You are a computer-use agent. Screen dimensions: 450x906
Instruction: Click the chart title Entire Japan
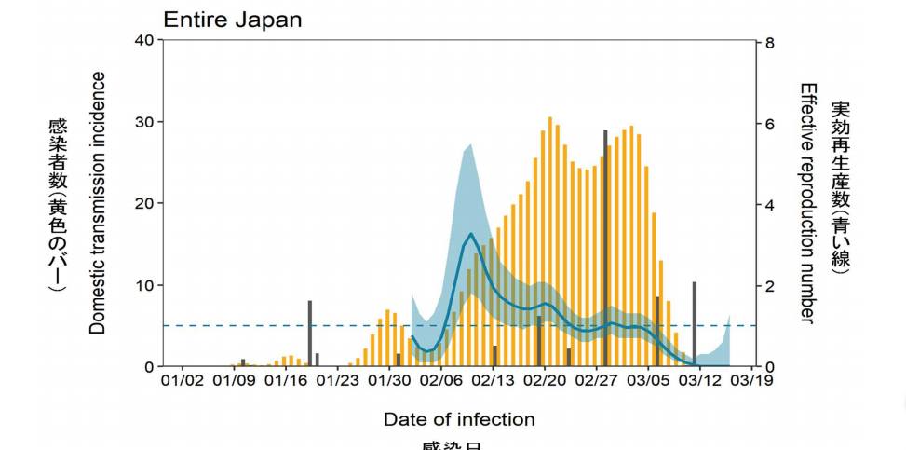pos(233,20)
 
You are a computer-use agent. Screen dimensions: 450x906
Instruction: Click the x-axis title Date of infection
pos(459,419)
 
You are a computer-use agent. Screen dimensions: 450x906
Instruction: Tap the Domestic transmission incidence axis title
pos(98,203)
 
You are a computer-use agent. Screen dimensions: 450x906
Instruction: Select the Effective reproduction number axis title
pos(807,203)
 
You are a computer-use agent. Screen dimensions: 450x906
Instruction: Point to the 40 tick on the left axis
pos(143,40)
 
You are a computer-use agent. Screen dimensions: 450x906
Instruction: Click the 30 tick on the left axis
pos(143,122)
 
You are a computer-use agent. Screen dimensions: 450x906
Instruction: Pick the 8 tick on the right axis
pos(770,43)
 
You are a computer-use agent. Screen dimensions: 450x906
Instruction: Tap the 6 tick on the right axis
pos(770,124)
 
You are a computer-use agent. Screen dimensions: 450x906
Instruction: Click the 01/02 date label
pos(182,380)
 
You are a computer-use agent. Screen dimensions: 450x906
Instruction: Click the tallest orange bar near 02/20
pos(550,242)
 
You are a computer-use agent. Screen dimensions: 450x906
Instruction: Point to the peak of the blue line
pos(472,234)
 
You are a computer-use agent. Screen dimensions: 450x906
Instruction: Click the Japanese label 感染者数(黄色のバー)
pos(58,203)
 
